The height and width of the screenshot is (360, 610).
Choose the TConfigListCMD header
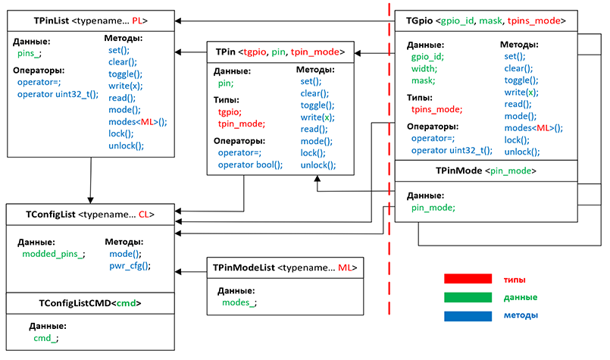90,303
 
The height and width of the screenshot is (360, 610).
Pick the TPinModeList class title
284,268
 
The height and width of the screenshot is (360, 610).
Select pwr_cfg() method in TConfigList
130,266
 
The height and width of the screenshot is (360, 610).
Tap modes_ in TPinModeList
239,302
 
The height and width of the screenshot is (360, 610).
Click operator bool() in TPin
250,164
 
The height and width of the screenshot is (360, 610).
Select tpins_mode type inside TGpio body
436,109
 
